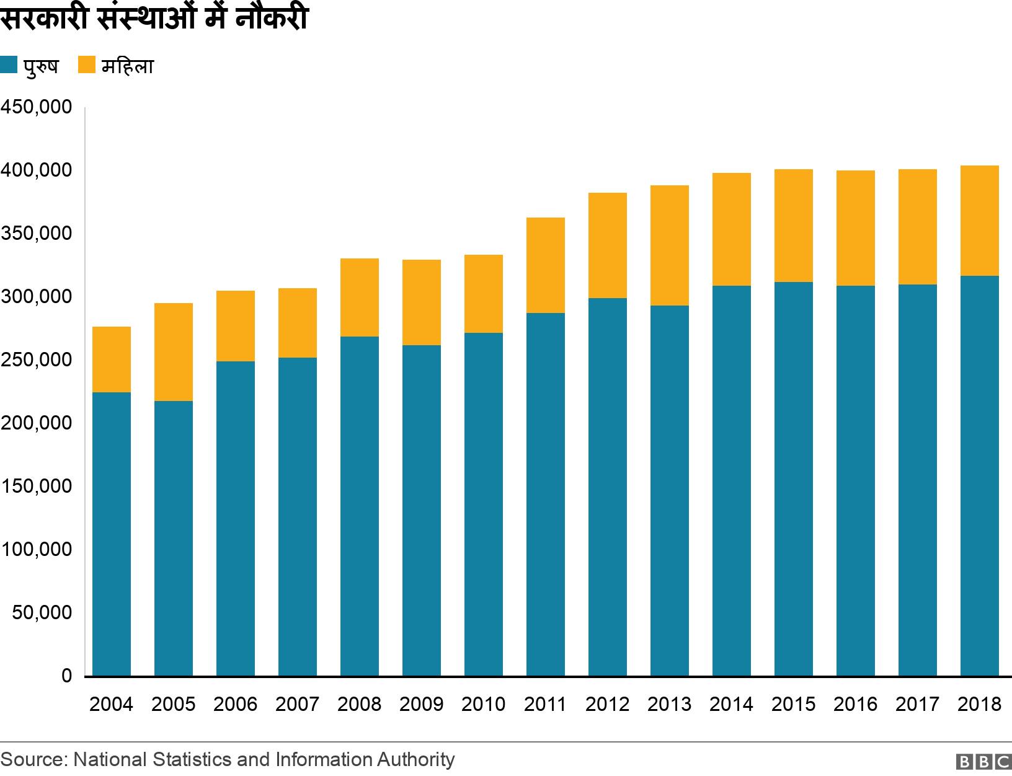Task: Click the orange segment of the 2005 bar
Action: tap(173, 351)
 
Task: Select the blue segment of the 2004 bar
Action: tap(111, 533)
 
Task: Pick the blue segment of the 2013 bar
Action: tap(669, 490)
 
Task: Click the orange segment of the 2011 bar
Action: tap(545, 265)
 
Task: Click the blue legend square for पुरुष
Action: tap(9, 65)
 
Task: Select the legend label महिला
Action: tap(127, 66)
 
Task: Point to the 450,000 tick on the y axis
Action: tap(37, 107)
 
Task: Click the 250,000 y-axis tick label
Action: tap(37, 359)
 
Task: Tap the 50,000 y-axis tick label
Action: tap(42, 612)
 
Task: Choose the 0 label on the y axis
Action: tap(66, 676)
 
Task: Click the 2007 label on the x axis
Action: tap(297, 704)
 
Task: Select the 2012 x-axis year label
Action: tap(607, 704)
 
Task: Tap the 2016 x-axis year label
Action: tap(855, 704)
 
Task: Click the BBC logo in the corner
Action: tap(983, 762)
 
